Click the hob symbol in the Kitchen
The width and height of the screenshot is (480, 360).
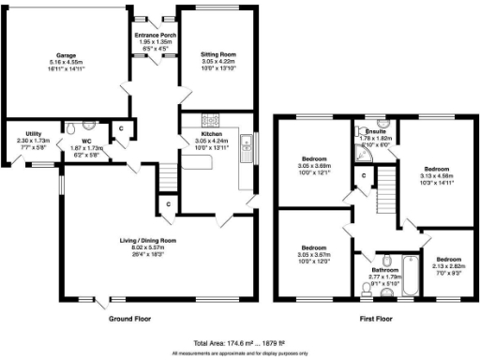pos(211,120)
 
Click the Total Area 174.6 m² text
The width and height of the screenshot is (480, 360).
pos(240,343)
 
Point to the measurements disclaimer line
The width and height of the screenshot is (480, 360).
pos(240,353)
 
